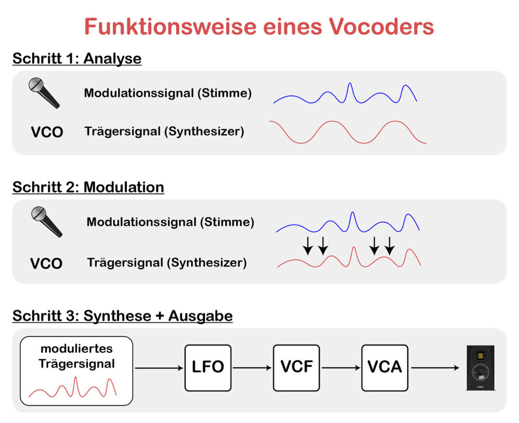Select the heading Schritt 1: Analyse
point(77,58)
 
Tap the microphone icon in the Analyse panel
point(44,92)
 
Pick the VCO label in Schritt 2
point(46,263)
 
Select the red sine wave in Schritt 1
point(348,131)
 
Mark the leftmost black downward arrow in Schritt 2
point(307,245)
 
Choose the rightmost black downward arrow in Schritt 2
point(389,245)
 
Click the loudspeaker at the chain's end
point(480,367)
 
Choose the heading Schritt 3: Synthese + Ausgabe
point(122,315)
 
